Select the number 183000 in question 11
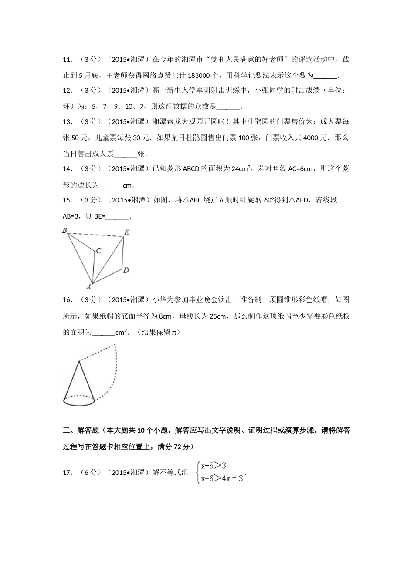point(198,76)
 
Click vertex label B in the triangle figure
point(64,230)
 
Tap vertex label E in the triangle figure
point(127,232)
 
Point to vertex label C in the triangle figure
point(99,251)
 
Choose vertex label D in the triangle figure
point(126,270)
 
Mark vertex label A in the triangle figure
point(88,286)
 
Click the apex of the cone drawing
point(79,361)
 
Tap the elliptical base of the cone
point(79,401)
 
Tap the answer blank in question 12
point(227,107)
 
